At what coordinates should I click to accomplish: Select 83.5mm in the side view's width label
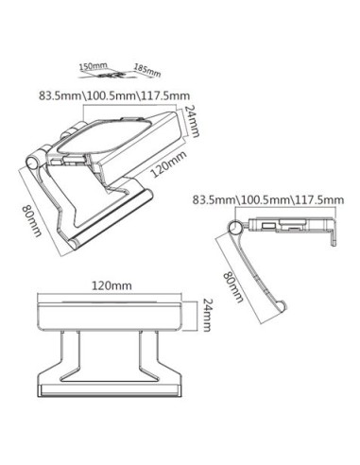[213, 201]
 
